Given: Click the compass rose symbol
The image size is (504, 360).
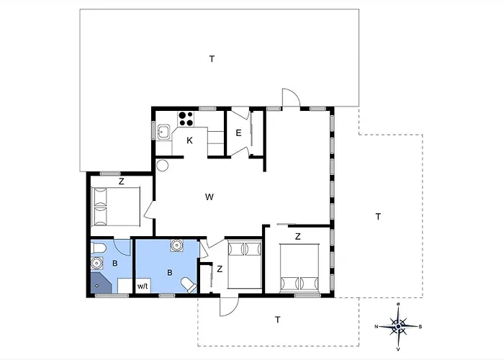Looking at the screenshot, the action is pos(399,327).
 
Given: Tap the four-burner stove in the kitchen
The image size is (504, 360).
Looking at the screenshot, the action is pos(186,119).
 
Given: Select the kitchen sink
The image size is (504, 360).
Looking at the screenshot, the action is pos(164,131).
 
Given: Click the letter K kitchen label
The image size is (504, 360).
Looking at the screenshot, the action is pos(189,140).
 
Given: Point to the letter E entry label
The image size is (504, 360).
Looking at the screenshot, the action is pos(238,132).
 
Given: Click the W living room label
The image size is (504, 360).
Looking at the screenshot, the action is pos(210,197).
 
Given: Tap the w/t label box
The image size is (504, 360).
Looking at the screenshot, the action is pos(143,286).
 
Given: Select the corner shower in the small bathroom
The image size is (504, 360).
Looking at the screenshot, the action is pos(101,283).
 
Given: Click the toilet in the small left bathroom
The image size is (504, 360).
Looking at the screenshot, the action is pos(99,248).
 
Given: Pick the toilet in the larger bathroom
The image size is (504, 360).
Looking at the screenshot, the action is pos(189,285).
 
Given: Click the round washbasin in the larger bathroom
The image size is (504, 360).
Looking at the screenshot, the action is pos(176,246).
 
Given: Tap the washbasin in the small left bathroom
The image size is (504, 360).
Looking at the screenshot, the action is pos(96,264).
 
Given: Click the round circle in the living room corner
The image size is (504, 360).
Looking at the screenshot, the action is pos(162,166).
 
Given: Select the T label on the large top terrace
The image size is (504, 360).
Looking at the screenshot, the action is pos(212,59).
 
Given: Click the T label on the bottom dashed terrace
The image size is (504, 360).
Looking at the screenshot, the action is pos(278,320).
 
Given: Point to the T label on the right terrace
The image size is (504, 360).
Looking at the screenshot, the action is pos(378,217).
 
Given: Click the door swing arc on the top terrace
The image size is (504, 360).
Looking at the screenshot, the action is pos(295,93).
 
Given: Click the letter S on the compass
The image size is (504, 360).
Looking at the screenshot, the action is pos(420,327).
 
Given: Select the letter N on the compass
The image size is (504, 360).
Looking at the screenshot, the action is pos(376,327).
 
